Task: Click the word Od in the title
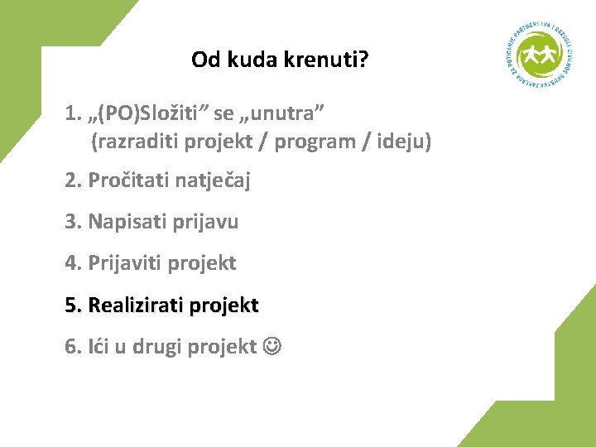pos(204,60)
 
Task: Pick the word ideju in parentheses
pos(402,142)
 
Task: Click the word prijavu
pos(206,222)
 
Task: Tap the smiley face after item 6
pos(272,347)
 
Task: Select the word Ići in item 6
pos(99,347)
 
